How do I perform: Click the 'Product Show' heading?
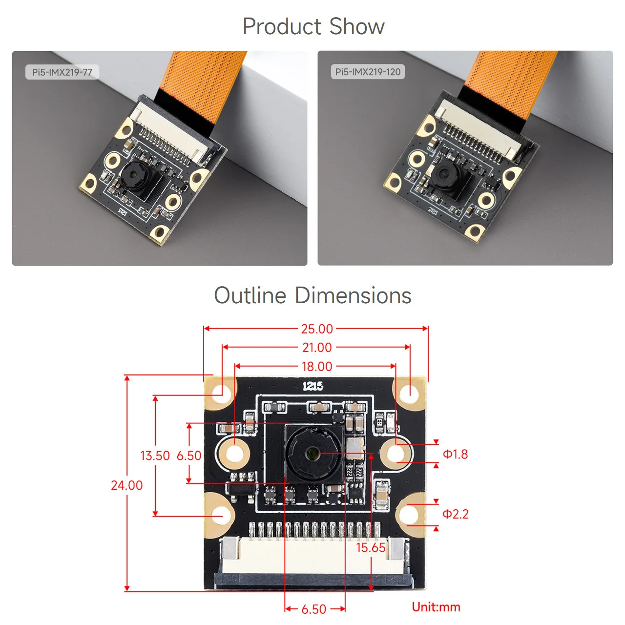[313, 26]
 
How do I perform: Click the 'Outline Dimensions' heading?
[312, 295]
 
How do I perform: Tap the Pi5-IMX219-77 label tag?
[62, 72]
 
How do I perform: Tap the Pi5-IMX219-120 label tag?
[368, 72]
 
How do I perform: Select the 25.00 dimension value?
[317, 329]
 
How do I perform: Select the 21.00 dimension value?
[317, 347]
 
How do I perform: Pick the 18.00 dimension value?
[317, 366]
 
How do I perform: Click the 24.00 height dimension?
[126, 485]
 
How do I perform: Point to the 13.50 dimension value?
[155, 456]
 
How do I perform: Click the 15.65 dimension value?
[371, 547]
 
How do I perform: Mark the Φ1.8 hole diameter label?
[455, 454]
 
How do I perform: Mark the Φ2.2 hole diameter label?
[455, 514]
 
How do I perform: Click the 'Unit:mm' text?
[436, 607]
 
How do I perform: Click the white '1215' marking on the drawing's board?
[312, 386]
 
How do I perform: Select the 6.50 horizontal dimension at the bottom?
[314, 609]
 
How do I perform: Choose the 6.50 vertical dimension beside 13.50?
[189, 456]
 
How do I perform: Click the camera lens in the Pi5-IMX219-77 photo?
[132, 174]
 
